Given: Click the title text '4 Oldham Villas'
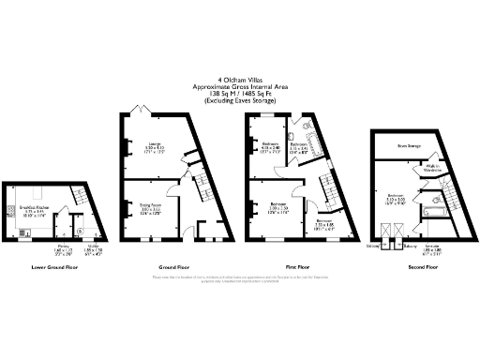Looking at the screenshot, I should (x=239, y=80).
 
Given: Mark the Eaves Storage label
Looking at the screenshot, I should (x=408, y=145).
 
